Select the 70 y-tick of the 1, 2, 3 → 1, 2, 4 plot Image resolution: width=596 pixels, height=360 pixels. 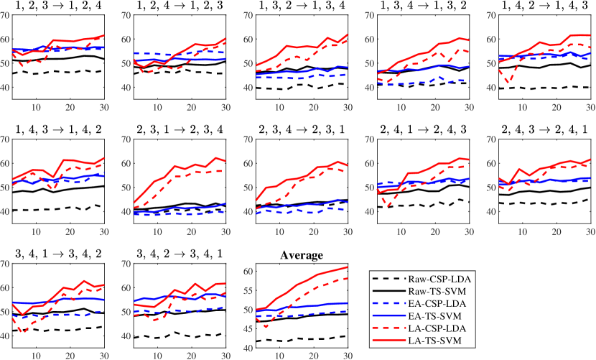(7, 16)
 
